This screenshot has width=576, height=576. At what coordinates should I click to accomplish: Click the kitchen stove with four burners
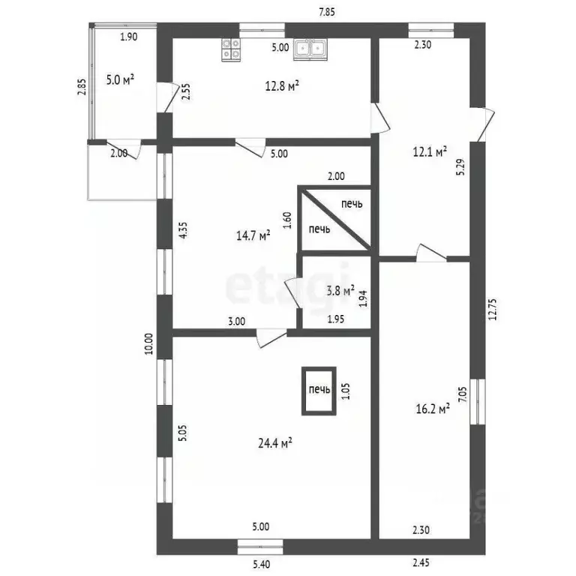(x=231, y=49)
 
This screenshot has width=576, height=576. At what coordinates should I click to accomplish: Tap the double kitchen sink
(x=310, y=49)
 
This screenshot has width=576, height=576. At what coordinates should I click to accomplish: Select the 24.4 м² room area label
(x=275, y=443)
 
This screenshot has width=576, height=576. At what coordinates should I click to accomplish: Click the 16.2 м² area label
(x=433, y=409)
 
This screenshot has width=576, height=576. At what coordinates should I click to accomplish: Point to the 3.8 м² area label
(x=340, y=290)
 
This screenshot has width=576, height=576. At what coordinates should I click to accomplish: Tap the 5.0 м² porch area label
(x=120, y=79)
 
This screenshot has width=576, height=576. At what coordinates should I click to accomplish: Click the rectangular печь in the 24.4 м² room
(x=319, y=391)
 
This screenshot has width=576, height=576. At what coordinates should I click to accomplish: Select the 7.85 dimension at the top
(x=326, y=12)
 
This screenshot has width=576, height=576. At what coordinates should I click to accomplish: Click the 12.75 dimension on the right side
(x=493, y=309)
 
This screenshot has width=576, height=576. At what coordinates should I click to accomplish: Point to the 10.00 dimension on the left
(x=148, y=343)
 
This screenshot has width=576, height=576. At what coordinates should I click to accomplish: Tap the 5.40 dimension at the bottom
(x=261, y=564)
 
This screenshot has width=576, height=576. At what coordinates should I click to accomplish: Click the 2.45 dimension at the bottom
(x=421, y=562)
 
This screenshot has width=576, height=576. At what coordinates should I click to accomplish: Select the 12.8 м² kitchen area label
(x=282, y=85)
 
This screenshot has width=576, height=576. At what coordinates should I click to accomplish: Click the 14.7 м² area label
(x=253, y=235)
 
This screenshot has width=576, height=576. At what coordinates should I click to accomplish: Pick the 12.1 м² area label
(x=430, y=151)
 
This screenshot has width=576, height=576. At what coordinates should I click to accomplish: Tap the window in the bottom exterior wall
(x=260, y=547)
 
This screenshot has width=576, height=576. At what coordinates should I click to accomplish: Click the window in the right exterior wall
(x=478, y=402)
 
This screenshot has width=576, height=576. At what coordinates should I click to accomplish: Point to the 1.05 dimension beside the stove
(x=346, y=391)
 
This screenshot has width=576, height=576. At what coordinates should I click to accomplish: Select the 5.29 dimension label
(x=460, y=166)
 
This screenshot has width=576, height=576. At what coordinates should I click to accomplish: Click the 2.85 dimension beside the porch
(x=82, y=87)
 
